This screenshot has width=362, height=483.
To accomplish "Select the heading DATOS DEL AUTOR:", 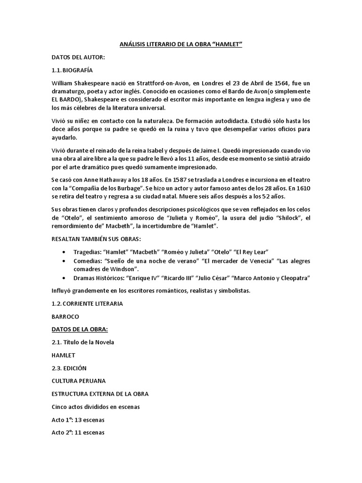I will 78,58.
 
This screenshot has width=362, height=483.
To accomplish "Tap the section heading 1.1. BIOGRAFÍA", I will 72,70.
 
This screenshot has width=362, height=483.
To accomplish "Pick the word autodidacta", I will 245,121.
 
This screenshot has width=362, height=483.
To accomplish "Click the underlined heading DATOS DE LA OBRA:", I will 82,329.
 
